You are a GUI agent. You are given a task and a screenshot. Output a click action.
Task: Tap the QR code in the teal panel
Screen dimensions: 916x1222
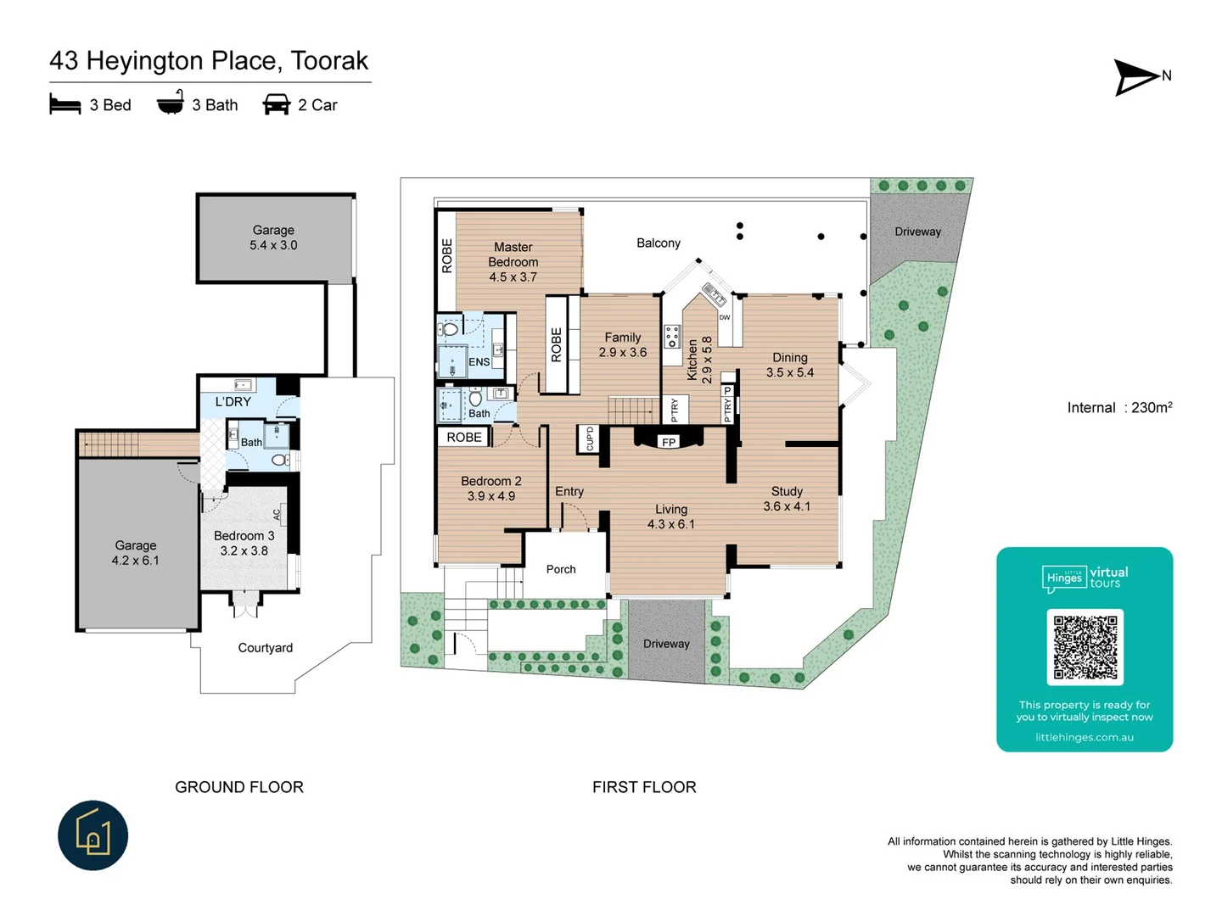pyautogui.click(x=1085, y=646)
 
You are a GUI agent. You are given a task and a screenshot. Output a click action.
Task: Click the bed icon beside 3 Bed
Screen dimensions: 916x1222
pyautogui.click(x=65, y=105)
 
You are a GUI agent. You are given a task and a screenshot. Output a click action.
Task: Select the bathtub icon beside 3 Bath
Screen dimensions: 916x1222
pyautogui.click(x=171, y=103)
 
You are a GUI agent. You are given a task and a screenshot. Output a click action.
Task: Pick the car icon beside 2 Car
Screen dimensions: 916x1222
pyautogui.click(x=277, y=105)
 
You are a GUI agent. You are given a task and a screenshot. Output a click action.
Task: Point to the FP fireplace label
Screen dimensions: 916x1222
pyautogui.click(x=669, y=442)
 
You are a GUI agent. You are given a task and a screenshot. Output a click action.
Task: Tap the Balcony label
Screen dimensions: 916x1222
pyautogui.click(x=659, y=243)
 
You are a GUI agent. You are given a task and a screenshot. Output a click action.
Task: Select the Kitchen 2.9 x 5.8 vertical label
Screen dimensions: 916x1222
pyautogui.click(x=699, y=360)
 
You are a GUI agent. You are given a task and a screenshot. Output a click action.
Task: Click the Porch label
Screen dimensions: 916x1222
pyautogui.click(x=560, y=569)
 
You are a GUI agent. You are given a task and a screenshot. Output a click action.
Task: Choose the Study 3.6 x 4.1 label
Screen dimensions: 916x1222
pyautogui.click(x=787, y=499)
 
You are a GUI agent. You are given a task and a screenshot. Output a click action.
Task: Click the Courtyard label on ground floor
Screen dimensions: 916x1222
pyautogui.click(x=265, y=648)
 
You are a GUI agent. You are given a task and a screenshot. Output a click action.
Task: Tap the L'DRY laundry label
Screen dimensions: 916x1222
pyautogui.click(x=233, y=402)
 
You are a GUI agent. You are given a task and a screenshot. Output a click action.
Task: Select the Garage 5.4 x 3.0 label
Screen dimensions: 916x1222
pyautogui.click(x=273, y=237)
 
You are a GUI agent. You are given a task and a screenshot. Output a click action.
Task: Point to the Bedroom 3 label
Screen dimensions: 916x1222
pyautogui.click(x=244, y=543)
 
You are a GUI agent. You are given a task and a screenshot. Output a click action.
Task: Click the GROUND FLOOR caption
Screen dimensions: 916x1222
pyautogui.click(x=239, y=787)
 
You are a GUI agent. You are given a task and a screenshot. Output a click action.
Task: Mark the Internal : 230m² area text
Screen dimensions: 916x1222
pyautogui.click(x=1119, y=408)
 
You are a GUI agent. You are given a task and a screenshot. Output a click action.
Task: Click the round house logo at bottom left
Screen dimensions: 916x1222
pyautogui.click(x=93, y=835)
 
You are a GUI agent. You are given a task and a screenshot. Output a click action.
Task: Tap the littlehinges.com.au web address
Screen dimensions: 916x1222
pyautogui.click(x=1084, y=737)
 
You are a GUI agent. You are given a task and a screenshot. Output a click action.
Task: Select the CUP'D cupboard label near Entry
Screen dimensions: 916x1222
pyautogui.click(x=590, y=438)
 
